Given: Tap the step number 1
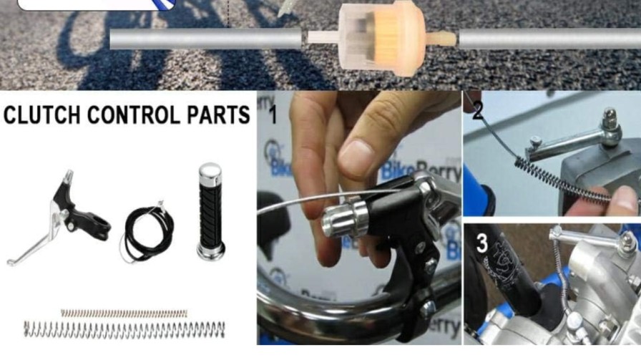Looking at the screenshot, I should [x=273, y=113].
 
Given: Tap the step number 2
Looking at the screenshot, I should [x=478, y=111].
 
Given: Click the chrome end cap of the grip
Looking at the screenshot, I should [x=211, y=171].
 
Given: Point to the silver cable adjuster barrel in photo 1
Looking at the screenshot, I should [x=345, y=219].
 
